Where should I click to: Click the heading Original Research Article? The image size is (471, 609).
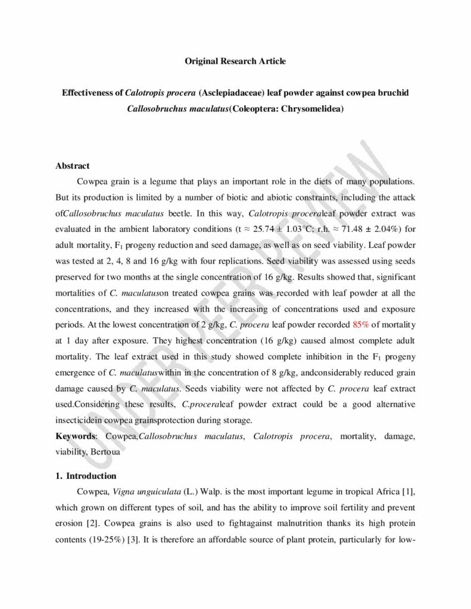235,61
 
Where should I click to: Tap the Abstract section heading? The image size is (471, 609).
73,166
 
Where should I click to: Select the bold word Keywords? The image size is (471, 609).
75,436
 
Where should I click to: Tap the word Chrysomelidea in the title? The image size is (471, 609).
312,109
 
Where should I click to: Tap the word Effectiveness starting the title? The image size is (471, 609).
92,93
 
